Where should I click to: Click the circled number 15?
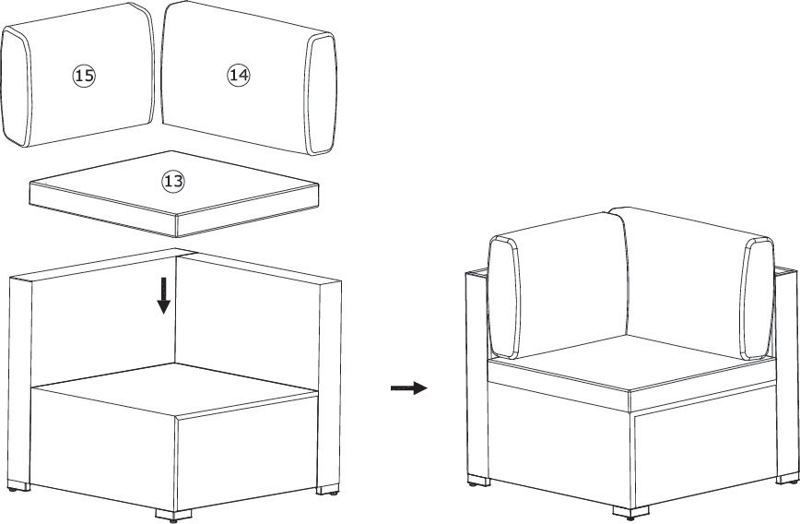tap(84, 76)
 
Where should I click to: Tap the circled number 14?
tap(239, 75)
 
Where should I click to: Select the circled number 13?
tap(173, 181)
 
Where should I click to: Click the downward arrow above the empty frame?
tap(163, 296)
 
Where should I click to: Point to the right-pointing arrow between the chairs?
tap(408, 388)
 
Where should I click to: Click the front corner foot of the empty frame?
tap(173, 516)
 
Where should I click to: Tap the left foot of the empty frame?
tap(18, 485)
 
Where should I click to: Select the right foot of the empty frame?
tap(327, 489)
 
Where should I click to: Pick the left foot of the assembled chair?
tap(479, 481)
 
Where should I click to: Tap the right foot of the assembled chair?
tap(787, 478)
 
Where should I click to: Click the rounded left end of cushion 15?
tap(16, 87)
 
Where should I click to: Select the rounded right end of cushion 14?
tap(321, 93)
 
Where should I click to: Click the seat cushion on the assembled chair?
tap(631, 373)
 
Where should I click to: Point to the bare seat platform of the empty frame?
tap(174, 389)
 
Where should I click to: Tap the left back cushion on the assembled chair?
tap(558, 286)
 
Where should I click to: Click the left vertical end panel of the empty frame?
tap(19, 380)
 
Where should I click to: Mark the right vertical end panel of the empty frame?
tap(329, 384)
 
